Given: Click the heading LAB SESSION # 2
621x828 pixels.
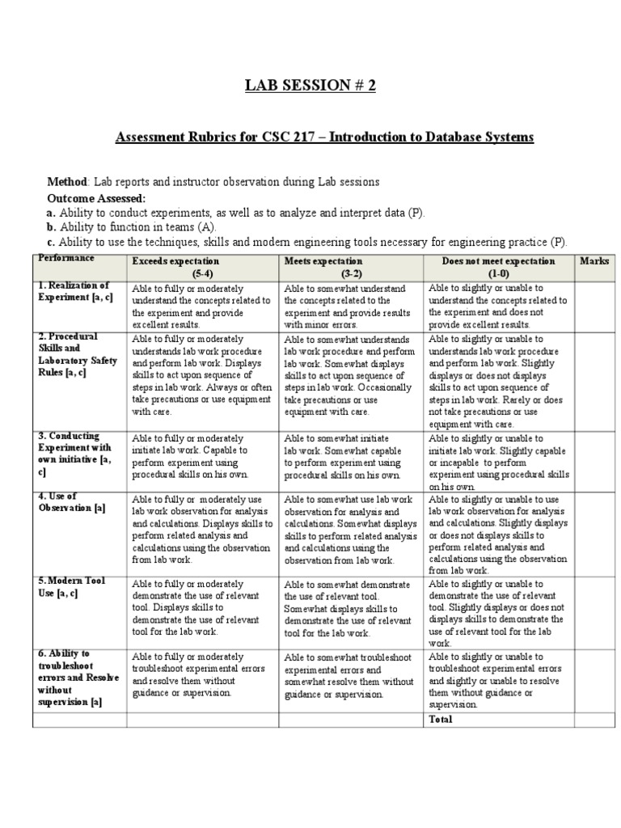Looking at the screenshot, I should click(x=310, y=87).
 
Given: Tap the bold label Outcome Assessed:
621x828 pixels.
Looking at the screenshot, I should click(x=96, y=198).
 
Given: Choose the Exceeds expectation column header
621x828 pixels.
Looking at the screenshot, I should click(x=175, y=261).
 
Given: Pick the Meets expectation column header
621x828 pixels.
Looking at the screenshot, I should click(x=323, y=261).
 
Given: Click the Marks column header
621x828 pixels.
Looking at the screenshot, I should click(x=594, y=261).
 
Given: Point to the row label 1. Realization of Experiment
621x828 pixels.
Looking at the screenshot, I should click(x=74, y=292).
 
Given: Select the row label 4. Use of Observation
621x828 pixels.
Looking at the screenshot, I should click(x=72, y=501).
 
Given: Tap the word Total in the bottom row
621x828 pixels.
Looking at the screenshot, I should click(x=441, y=719).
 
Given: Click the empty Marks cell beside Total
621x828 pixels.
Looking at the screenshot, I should click(x=594, y=719).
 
